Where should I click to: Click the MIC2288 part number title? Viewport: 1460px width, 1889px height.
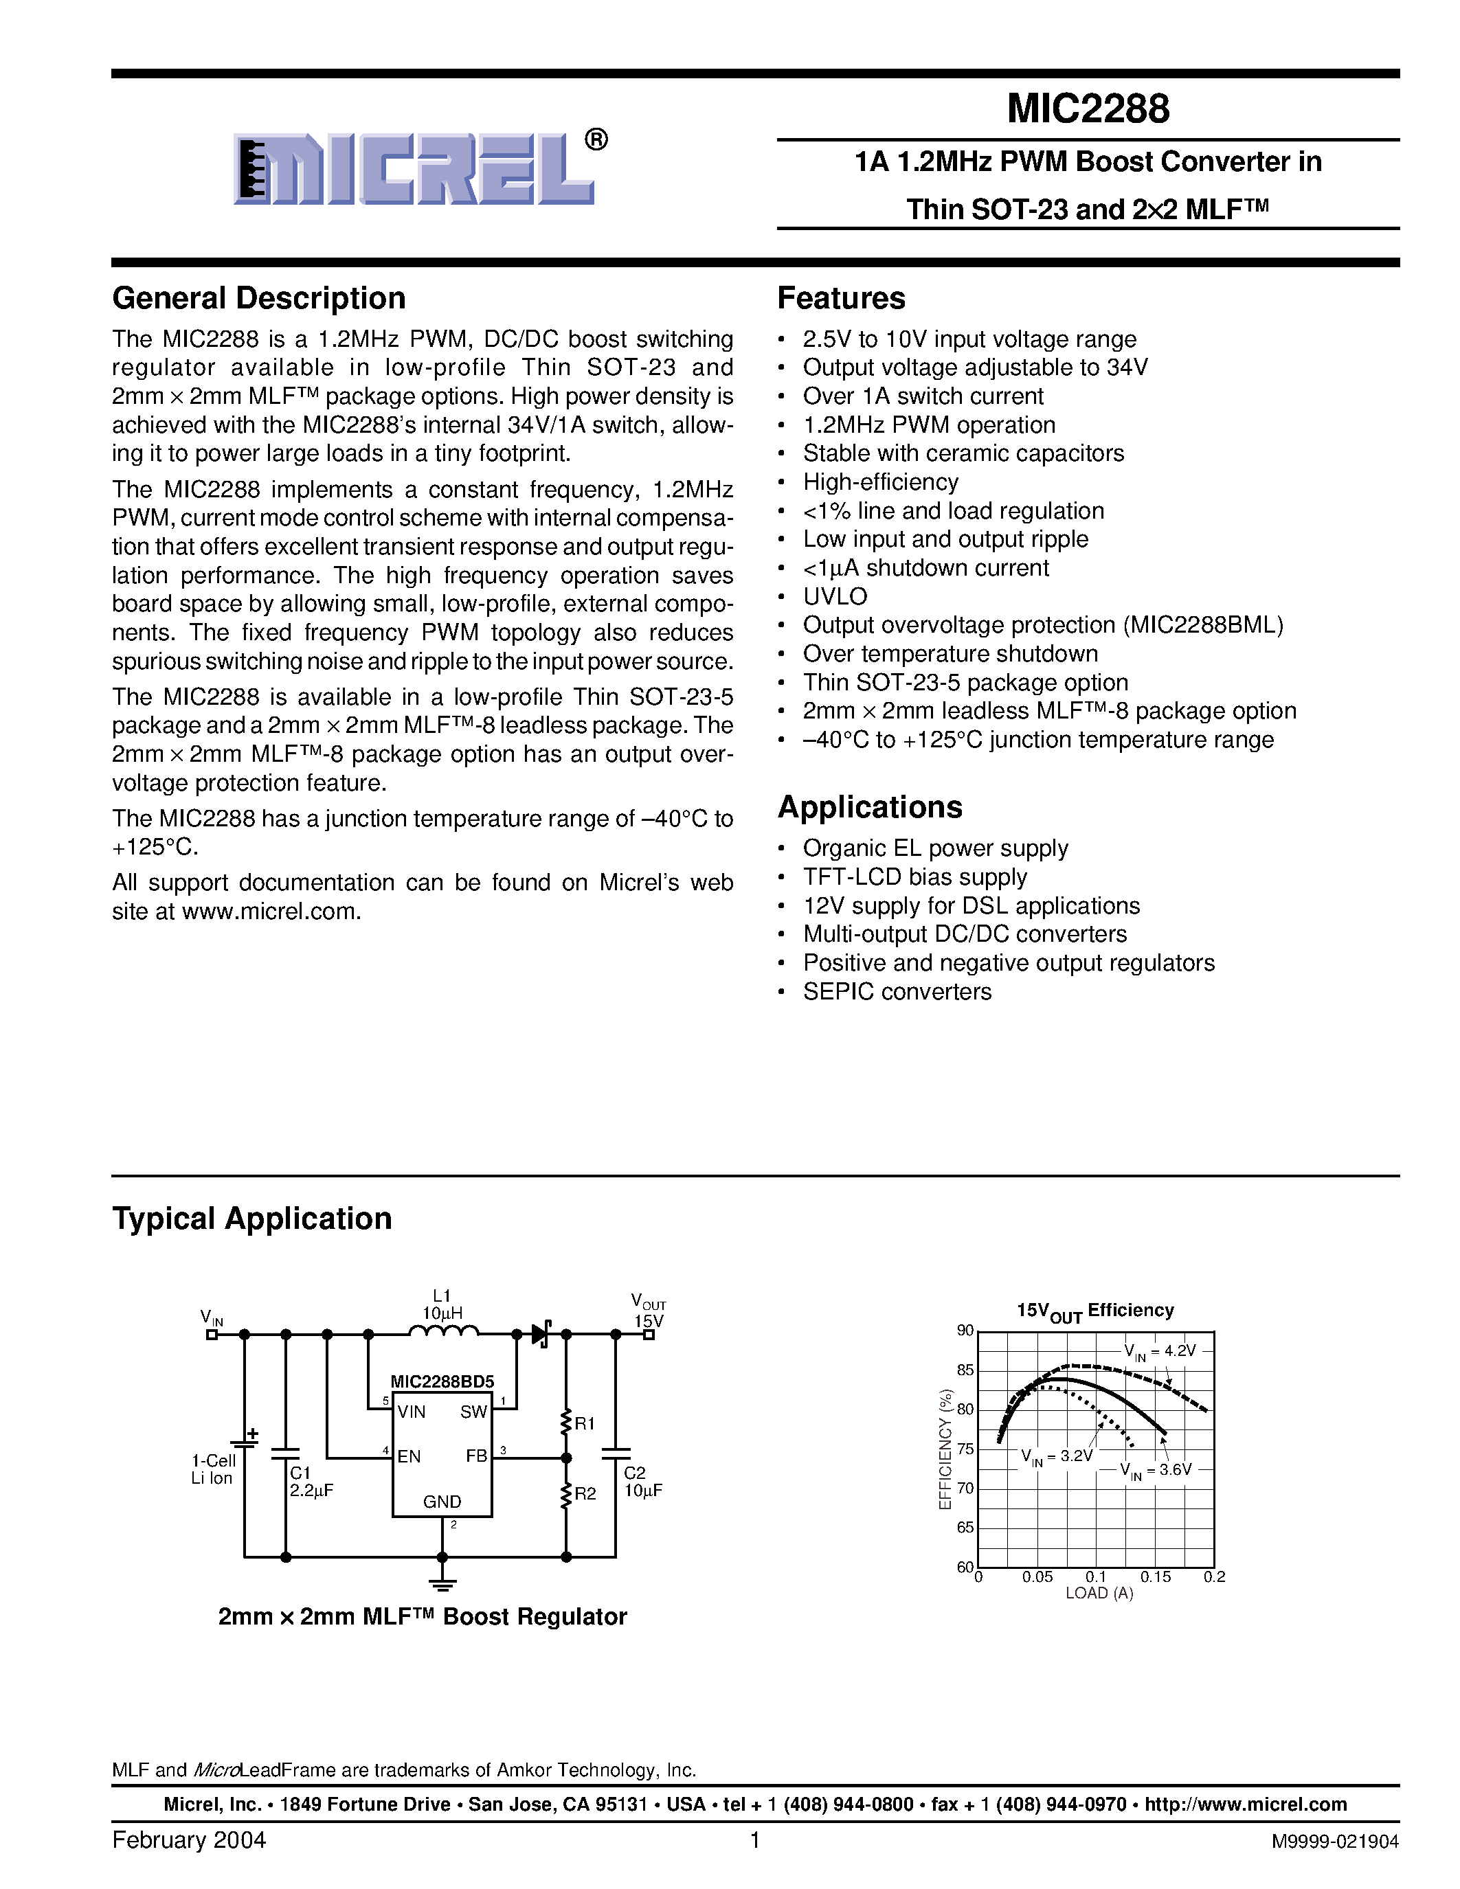[x=1088, y=109]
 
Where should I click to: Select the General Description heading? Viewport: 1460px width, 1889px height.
[x=258, y=298]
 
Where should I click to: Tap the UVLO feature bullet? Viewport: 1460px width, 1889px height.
[x=835, y=597]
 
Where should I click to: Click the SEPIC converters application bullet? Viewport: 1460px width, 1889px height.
[x=897, y=991]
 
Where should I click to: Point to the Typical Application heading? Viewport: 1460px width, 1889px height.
[x=251, y=1219]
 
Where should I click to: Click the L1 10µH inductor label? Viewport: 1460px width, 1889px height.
[x=442, y=1304]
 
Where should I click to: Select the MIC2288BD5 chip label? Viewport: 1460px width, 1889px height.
[x=442, y=1381]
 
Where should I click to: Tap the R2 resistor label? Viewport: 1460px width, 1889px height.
[x=585, y=1494]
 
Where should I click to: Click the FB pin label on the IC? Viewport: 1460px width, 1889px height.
[x=475, y=1456]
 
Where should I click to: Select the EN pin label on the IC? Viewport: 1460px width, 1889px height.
[x=408, y=1456]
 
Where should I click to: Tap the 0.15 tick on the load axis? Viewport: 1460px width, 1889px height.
[x=1155, y=1576]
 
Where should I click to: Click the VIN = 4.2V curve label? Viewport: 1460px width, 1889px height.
[x=1159, y=1351]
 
